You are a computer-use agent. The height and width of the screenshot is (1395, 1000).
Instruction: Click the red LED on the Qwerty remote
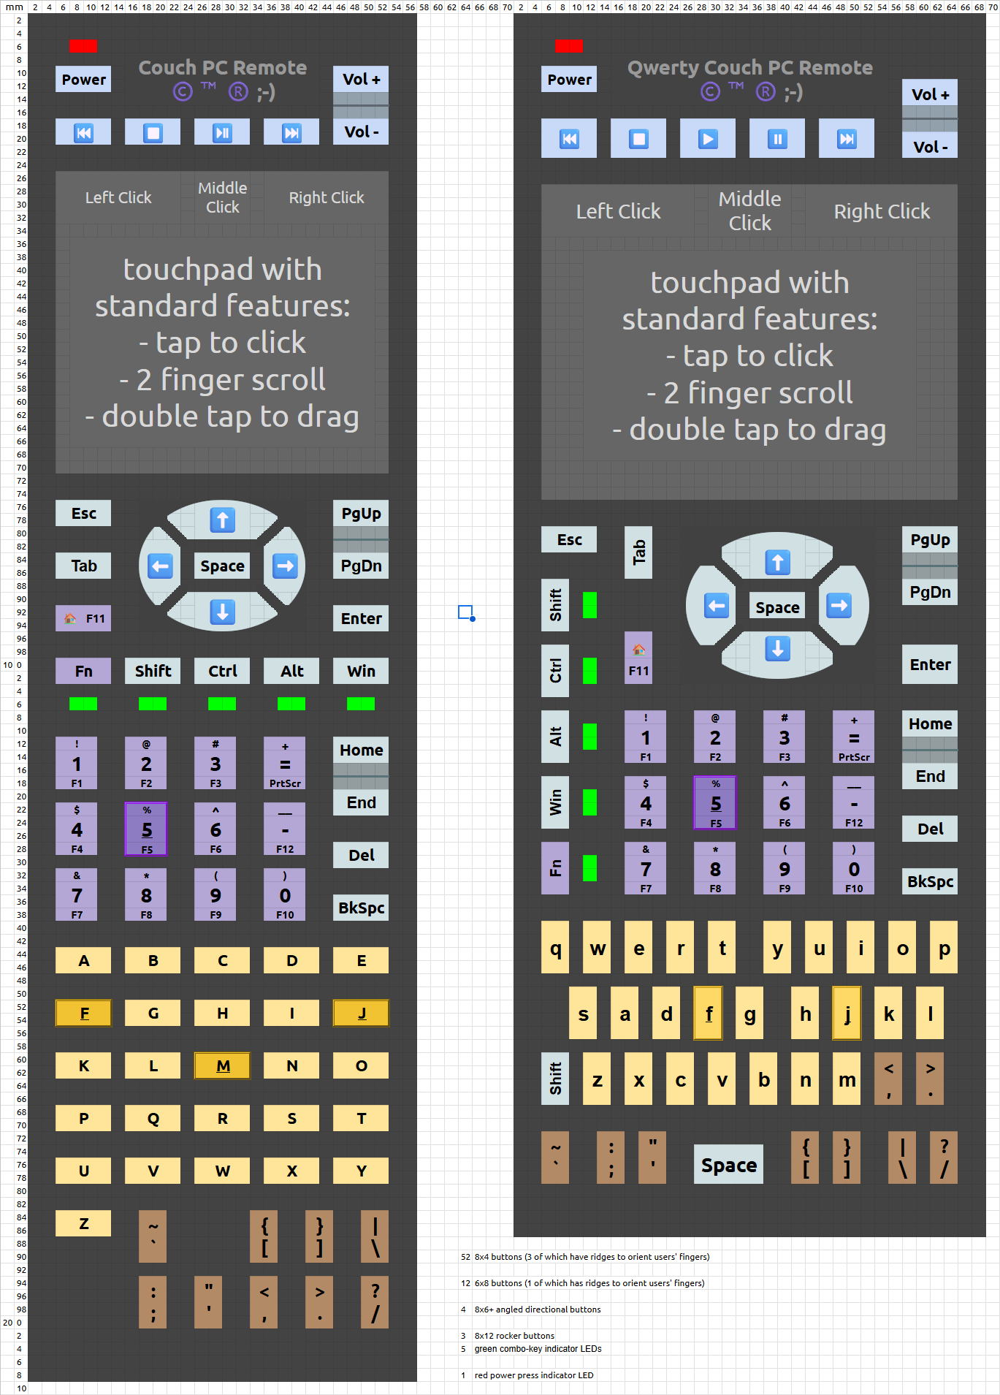[x=568, y=46]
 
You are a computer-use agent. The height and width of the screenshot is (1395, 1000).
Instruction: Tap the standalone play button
[x=707, y=139]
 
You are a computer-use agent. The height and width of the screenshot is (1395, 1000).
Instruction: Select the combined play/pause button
[x=222, y=132]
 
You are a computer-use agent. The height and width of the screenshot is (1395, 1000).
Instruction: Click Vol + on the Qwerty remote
[x=929, y=94]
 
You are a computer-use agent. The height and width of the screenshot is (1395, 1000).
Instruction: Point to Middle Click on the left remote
[x=222, y=197]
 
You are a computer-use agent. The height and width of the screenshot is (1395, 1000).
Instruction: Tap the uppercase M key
[x=222, y=1066]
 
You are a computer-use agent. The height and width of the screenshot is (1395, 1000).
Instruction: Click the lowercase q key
[x=555, y=948]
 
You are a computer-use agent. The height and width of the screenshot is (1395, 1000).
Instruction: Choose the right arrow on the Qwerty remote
[x=839, y=605]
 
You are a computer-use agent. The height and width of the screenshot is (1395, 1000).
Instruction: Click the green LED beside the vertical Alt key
[x=589, y=737]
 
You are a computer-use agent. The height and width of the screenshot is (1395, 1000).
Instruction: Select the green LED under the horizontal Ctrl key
[x=222, y=704]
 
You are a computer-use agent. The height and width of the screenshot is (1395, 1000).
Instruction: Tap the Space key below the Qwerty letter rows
[x=728, y=1165]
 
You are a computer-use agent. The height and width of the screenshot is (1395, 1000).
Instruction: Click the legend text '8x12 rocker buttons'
[x=514, y=1336]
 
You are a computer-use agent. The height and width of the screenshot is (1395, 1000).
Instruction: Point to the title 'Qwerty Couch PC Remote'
[x=749, y=68]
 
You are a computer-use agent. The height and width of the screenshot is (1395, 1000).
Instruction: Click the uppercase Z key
[x=83, y=1223]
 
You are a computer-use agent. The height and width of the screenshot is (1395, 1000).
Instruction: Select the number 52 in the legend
[x=465, y=1257]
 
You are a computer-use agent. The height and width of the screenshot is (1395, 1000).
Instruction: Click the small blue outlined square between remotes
[x=465, y=612]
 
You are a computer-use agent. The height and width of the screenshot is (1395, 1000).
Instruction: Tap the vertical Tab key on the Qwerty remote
[x=638, y=552]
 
